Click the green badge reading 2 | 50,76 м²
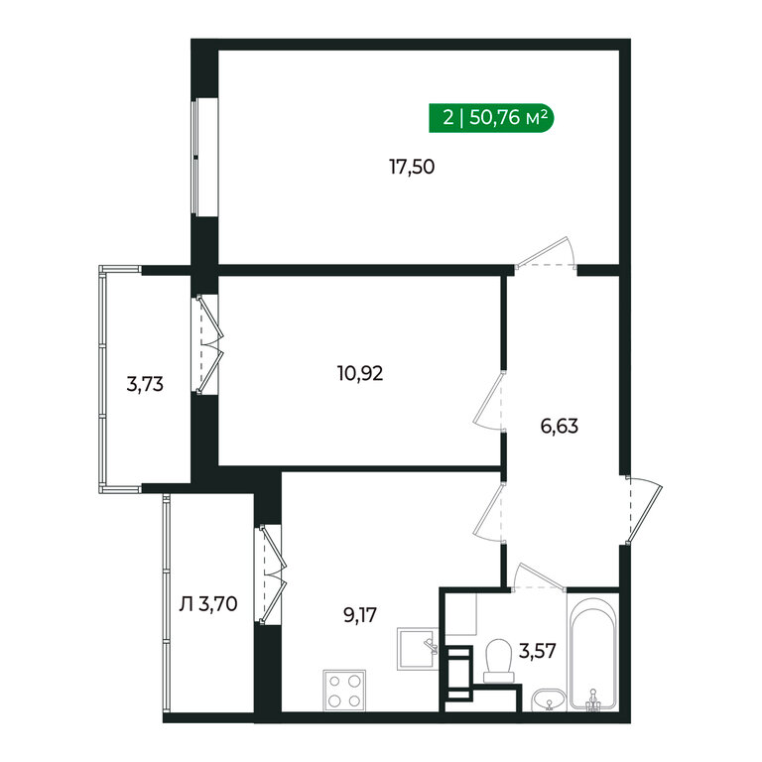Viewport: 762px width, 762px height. [x=491, y=118]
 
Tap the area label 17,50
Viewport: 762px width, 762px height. [x=412, y=167]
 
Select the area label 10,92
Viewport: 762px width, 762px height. [x=360, y=373]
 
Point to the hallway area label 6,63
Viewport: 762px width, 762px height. [x=560, y=427]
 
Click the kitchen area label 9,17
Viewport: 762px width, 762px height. [x=360, y=615]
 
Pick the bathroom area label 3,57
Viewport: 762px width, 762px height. [x=537, y=650]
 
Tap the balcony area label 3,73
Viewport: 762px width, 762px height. [x=145, y=384]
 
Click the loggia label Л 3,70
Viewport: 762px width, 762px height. [x=208, y=604]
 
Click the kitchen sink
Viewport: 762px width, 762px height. [x=418, y=649]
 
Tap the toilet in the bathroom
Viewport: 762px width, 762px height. [x=499, y=661]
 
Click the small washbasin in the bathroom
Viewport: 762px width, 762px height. [x=549, y=699]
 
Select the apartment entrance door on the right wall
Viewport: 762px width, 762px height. [x=644, y=510]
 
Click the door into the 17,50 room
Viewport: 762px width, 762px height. [x=546, y=253]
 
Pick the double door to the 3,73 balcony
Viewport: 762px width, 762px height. [x=210, y=344]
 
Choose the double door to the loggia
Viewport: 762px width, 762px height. [x=273, y=574]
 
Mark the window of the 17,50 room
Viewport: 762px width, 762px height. [x=195, y=157]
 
